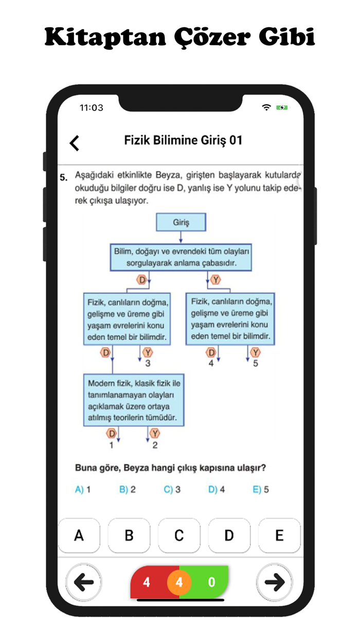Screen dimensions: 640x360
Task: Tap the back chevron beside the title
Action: point(75,143)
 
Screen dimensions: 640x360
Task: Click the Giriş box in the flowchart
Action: point(181,223)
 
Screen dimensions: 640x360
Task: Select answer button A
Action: point(79,536)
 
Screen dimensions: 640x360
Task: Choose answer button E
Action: point(279,536)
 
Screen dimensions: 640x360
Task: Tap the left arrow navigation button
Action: point(84,582)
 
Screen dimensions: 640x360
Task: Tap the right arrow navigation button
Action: point(274,582)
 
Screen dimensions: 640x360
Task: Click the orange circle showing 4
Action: point(179,583)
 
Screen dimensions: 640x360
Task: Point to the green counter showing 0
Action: point(211,583)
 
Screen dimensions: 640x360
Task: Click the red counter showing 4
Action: point(147,583)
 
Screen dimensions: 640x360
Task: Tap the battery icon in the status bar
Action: point(282,108)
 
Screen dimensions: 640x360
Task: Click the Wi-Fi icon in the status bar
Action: point(266,108)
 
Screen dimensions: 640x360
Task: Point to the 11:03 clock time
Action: point(92,108)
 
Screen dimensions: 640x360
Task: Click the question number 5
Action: point(63,178)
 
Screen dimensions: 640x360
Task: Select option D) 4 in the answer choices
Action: point(217,490)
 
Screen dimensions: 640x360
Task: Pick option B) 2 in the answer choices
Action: point(128,490)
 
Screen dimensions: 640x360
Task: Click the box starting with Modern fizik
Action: point(134,400)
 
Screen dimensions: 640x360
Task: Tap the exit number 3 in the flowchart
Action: point(148,363)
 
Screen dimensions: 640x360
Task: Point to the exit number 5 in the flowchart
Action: point(255,363)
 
